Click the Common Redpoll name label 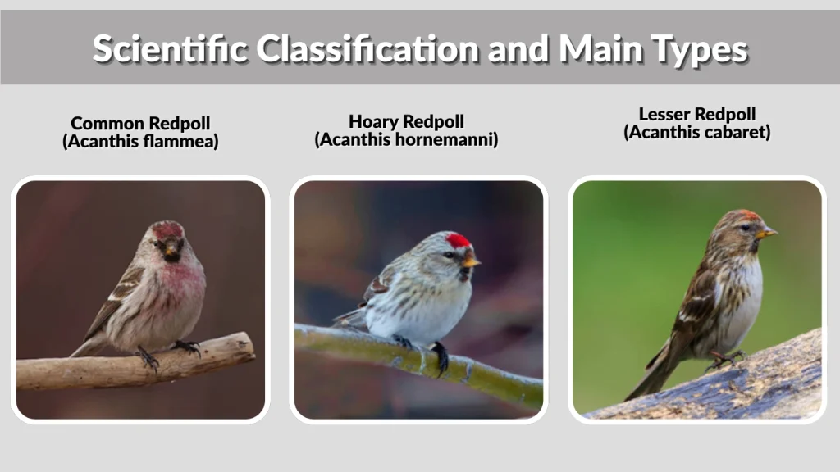coord(140,124)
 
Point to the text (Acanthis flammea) coord(140,142)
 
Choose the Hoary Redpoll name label coord(406,122)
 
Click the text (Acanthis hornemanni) coord(406,140)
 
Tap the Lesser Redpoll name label coord(697,115)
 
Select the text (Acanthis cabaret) coord(697,132)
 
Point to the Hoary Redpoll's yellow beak coord(472,263)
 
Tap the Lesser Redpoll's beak coord(768,234)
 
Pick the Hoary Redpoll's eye coord(450,255)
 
